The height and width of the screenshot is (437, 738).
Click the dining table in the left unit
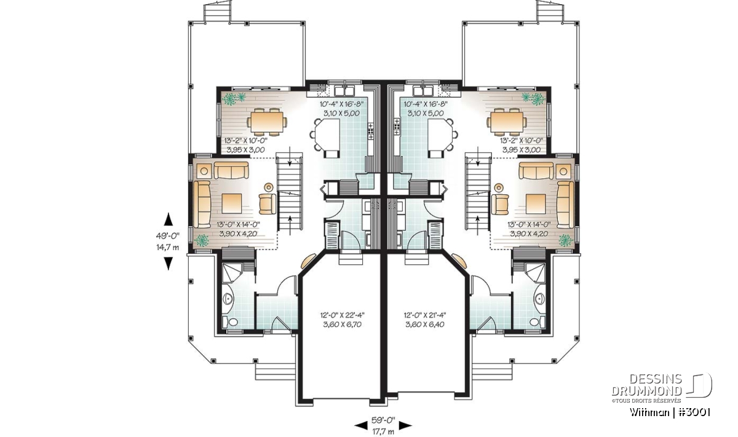[x=267, y=122]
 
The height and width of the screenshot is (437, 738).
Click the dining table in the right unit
[x=506, y=122]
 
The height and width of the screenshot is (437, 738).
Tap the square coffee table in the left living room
[x=232, y=203]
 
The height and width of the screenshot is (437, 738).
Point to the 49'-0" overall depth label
[x=168, y=236]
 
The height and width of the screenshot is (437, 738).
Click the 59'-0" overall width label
[x=383, y=420]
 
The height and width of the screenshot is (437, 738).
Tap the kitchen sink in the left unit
[x=344, y=90]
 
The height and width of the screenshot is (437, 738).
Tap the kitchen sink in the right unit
[x=424, y=90]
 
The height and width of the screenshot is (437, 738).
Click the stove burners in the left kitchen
[x=371, y=131]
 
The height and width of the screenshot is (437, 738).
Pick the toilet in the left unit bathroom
[x=231, y=321]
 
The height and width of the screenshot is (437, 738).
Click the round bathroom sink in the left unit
[x=228, y=298]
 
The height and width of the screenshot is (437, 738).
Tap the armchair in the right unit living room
[x=500, y=204]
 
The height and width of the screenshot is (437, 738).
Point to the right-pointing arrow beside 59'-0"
[x=405, y=426]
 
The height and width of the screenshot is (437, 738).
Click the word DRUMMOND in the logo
[x=646, y=391]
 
